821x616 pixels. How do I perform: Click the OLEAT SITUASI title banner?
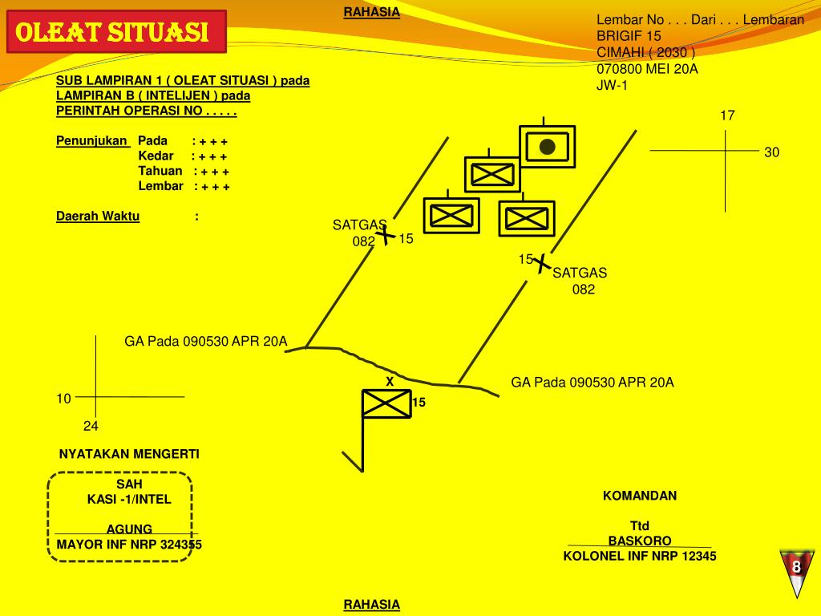click(x=116, y=31)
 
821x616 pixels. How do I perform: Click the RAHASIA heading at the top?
click(x=372, y=12)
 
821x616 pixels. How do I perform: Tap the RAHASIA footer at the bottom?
click(x=372, y=605)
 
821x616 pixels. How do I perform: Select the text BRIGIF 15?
click(x=629, y=36)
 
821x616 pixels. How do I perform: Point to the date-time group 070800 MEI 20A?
click(x=647, y=69)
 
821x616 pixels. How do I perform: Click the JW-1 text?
click(x=612, y=85)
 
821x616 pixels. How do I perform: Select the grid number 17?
click(x=727, y=115)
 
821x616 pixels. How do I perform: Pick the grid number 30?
click(x=772, y=152)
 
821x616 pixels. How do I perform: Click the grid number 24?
click(x=91, y=427)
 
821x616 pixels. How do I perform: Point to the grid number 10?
click(x=63, y=399)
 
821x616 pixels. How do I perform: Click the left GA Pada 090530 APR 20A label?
click(x=206, y=342)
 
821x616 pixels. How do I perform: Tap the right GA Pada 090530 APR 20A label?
click(x=592, y=383)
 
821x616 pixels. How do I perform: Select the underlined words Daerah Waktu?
click(x=98, y=217)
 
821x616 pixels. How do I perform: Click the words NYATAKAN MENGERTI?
click(x=129, y=454)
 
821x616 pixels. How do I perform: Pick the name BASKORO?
click(x=640, y=541)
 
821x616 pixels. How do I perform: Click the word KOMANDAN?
click(x=640, y=496)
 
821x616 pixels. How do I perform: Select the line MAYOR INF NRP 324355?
click(x=129, y=545)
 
